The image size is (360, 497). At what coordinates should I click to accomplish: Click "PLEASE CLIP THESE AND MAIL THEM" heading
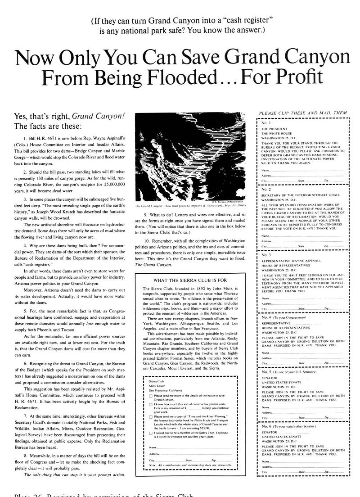pyautogui.click(x=302, y=113)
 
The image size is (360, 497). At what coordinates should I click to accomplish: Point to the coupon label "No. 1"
pyautogui.click(x=266, y=122)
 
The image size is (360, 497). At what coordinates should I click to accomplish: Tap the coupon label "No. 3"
pyautogui.click(x=266, y=255)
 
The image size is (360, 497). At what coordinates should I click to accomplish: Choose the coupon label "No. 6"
pyautogui.click(x=266, y=425)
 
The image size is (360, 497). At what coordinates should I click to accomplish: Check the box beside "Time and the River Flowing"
pyautogui.click(x=150, y=417)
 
